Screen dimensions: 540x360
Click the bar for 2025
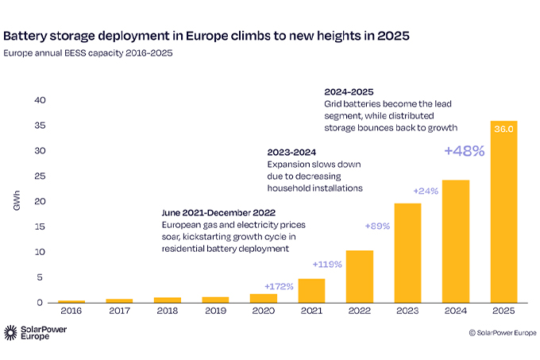point(503,212)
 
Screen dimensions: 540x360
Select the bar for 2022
point(360,277)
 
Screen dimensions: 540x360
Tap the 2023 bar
point(407,254)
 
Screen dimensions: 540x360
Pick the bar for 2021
point(311,291)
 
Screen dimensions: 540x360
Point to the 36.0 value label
point(503,129)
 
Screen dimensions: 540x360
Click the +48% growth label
point(465,151)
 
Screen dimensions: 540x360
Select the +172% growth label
point(279,286)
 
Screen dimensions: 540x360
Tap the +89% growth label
point(377,226)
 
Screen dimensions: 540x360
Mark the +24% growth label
point(426,191)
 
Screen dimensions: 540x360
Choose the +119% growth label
point(327,264)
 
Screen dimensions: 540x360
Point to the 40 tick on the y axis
point(40,100)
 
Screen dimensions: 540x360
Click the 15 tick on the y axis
point(40,226)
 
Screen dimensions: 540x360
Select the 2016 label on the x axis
point(71,311)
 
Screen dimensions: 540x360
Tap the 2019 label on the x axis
point(215,311)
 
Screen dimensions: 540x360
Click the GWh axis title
point(17,200)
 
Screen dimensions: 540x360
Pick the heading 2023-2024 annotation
point(291,153)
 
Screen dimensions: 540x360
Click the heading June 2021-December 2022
point(218,212)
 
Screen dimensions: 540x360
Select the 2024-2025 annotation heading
point(349,92)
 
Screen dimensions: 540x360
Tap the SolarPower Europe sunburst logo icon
point(10,332)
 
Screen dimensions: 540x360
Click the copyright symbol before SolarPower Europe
point(472,333)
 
